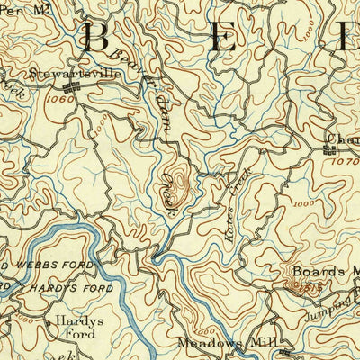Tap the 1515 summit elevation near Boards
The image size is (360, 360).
pyautogui.click(x=299, y=288)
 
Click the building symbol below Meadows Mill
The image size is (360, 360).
pyautogui.click(x=285, y=351)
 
